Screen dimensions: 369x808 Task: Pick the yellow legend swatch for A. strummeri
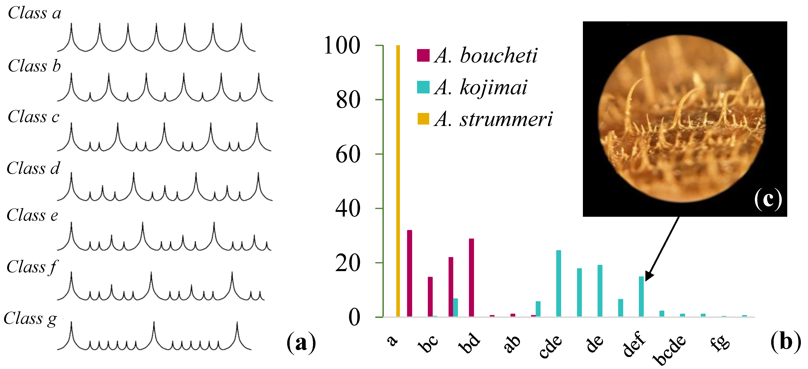point(423,119)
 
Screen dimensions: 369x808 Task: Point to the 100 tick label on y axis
point(342,46)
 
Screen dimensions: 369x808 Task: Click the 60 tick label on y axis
point(348,154)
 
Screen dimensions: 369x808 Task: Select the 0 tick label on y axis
point(354,318)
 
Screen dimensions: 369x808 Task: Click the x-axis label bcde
point(669,350)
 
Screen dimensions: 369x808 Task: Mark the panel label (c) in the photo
point(767,199)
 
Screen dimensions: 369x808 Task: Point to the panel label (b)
point(785,341)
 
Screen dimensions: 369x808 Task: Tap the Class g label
point(30,319)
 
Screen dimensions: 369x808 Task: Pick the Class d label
point(33,169)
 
